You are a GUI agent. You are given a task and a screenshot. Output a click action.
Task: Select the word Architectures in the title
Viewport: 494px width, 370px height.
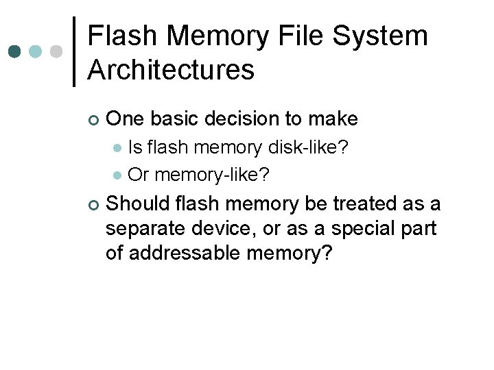(x=172, y=69)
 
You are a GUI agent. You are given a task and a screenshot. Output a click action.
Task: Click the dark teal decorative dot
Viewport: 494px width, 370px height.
(x=15, y=52)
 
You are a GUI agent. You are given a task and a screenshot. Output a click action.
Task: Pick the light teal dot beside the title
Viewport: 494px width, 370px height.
(x=36, y=52)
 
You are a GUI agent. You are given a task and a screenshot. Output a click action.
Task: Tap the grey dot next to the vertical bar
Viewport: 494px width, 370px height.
(x=58, y=52)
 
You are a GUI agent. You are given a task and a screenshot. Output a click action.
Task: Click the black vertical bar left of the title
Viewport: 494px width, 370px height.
(x=74, y=52)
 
